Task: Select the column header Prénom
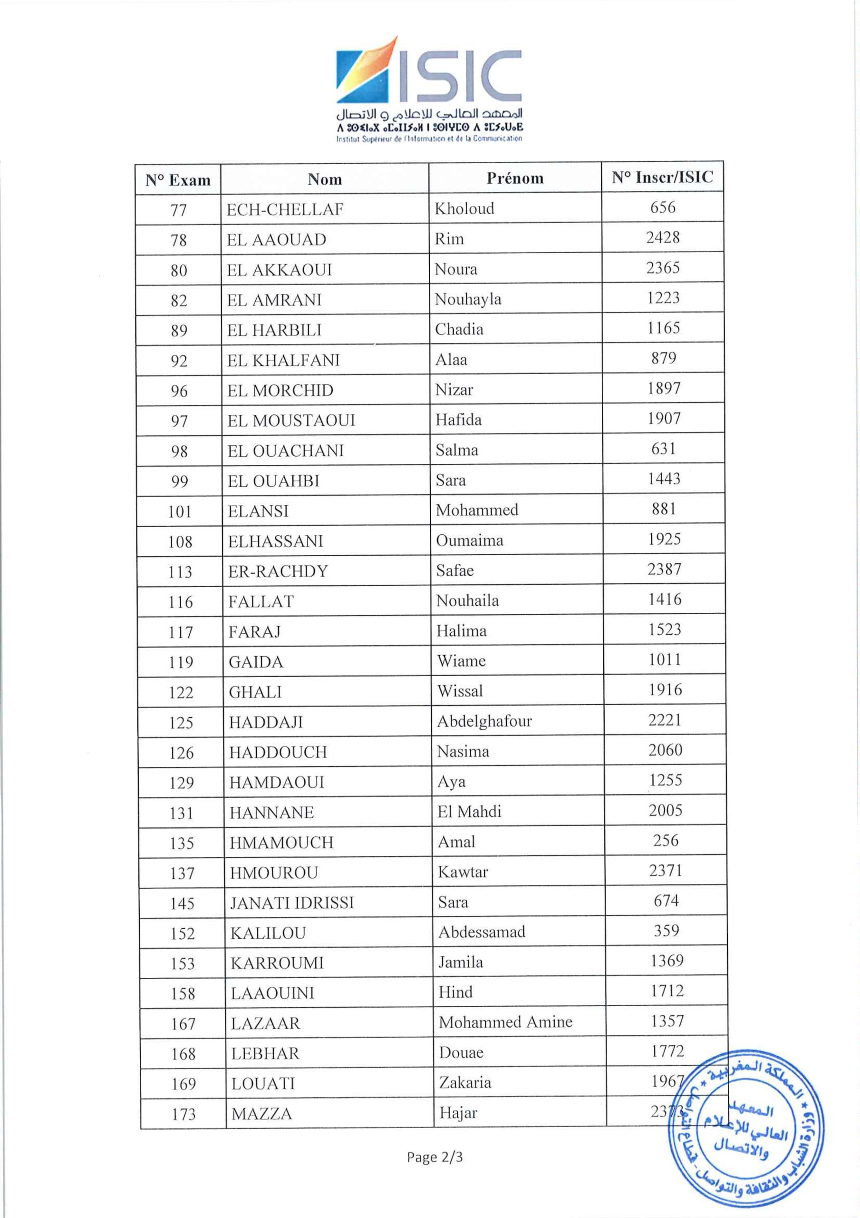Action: (515, 178)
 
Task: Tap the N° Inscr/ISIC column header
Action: (662, 177)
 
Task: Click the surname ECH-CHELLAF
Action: (285, 209)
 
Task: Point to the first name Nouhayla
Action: (468, 299)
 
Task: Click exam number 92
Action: (179, 361)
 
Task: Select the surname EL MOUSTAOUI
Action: (291, 421)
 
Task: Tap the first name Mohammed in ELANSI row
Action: (477, 511)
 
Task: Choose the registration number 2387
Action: (664, 569)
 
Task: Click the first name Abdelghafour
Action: (484, 721)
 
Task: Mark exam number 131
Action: (181, 813)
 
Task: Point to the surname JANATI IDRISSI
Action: (291, 903)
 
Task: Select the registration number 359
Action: (666, 931)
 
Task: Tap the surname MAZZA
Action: (261, 1113)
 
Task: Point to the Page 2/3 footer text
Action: (435, 1157)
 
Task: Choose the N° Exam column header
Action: (178, 180)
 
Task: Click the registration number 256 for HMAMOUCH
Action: (666, 840)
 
